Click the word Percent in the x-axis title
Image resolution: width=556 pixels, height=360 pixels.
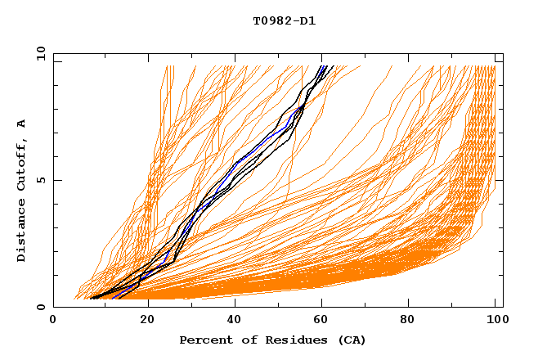click(x=203, y=340)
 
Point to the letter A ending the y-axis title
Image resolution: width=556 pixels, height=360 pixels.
click(x=22, y=124)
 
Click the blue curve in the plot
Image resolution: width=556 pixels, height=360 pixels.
click(x=260, y=144)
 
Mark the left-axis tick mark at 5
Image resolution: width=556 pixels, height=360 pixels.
click(x=56, y=180)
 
